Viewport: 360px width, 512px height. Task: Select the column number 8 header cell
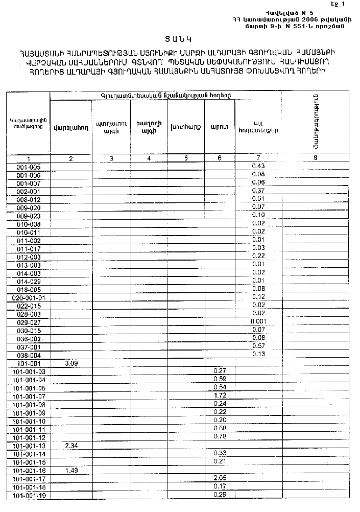click(315, 158)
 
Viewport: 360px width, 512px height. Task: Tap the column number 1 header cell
click(29, 158)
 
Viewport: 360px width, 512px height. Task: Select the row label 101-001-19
click(29, 495)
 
